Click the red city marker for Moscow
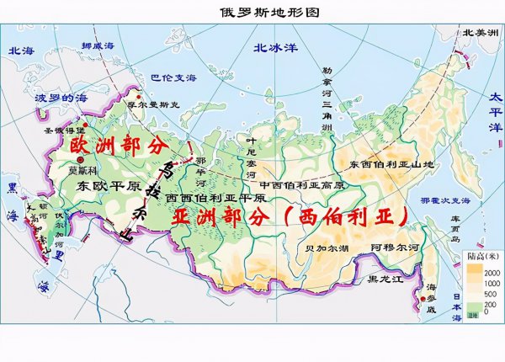(80, 159)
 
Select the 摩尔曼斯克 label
(129, 105)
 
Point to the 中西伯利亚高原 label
(302, 184)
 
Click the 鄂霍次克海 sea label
(433, 201)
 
